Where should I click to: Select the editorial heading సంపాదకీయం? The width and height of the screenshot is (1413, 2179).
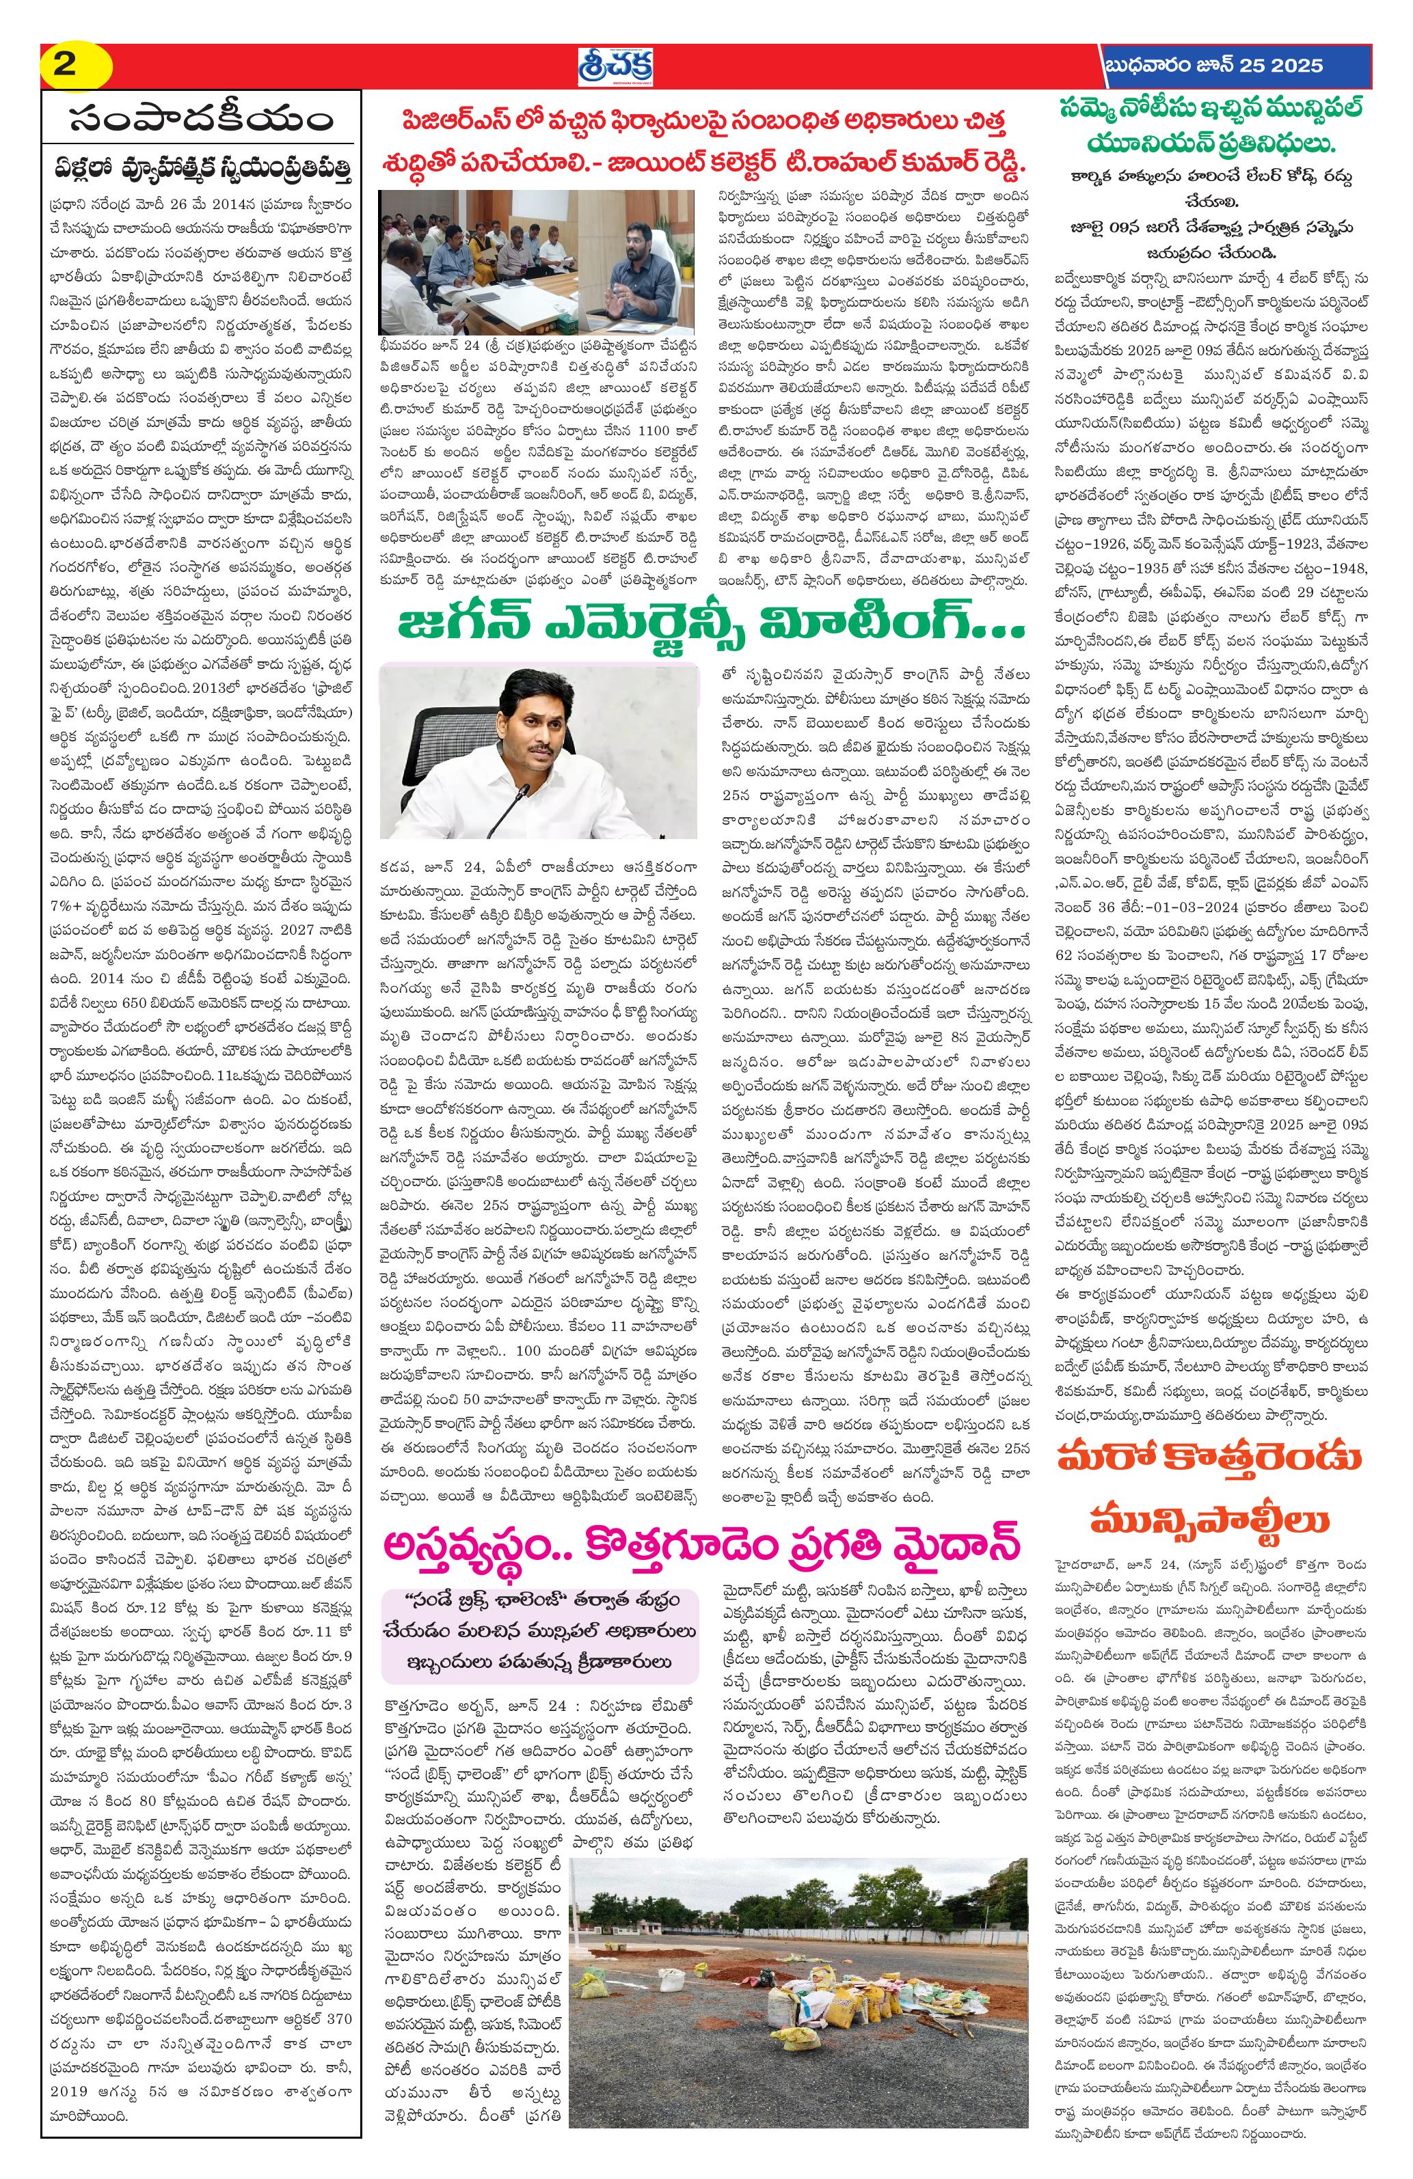tap(202, 121)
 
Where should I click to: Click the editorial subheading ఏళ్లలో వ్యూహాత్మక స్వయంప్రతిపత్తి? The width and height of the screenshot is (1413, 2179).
tap(202, 169)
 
